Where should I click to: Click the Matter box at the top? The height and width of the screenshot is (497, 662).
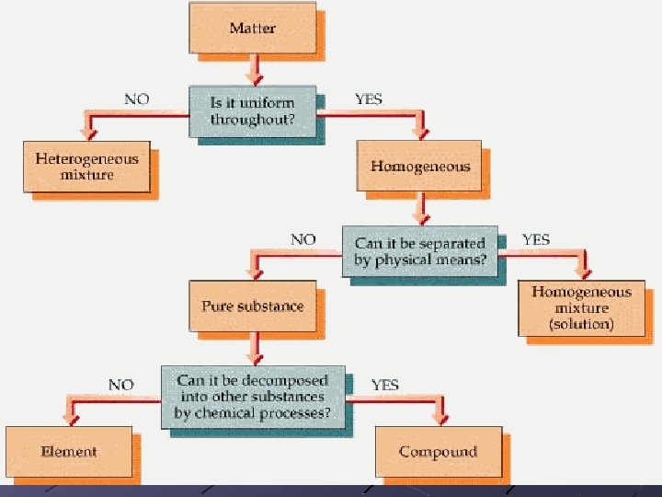[x=252, y=28]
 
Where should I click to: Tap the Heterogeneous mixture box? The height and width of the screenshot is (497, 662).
[x=87, y=167]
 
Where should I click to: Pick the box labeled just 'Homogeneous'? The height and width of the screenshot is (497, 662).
[x=419, y=167]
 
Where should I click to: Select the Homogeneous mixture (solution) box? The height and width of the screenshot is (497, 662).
[x=581, y=308]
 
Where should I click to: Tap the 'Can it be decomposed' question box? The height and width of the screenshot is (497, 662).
[x=252, y=397]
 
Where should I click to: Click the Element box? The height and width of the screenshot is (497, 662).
[x=69, y=452]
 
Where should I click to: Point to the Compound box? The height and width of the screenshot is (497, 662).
[x=438, y=452]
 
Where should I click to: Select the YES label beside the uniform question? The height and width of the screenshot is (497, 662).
[x=367, y=99]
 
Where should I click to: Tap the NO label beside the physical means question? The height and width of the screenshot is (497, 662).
[x=302, y=239]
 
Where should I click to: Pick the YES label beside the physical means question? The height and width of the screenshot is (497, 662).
[x=536, y=239]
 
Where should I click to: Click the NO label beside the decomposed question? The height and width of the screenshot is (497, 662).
[x=120, y=385]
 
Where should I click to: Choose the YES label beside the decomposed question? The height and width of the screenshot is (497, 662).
[x=384, y=385]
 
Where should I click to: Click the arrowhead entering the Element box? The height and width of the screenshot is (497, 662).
[x=67, y=419]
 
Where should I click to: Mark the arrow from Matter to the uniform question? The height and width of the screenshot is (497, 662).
[x=254, y=70]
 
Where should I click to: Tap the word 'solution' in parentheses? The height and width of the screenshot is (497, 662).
[x=581, y=324]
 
